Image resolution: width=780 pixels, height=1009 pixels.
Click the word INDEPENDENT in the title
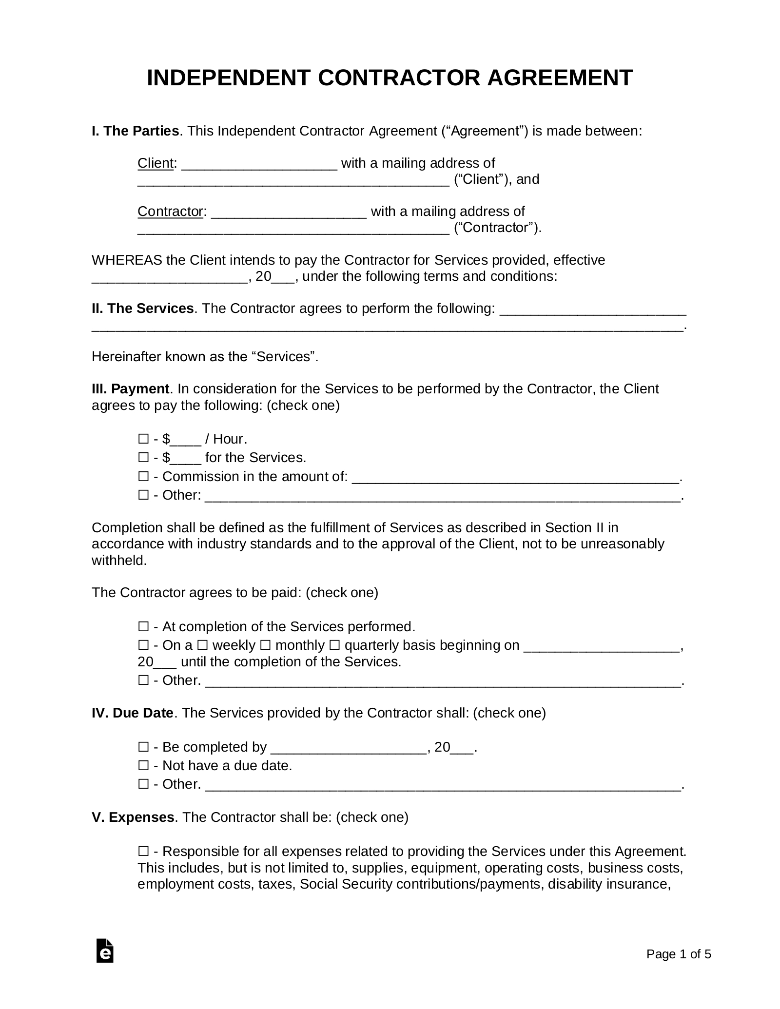228,78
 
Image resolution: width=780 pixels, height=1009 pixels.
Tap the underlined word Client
156,163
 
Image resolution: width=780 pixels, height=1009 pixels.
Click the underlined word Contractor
170,212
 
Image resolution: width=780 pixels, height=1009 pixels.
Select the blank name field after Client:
259,164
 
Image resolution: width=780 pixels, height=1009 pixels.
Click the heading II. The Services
142,309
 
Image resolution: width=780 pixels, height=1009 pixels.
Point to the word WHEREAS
127,260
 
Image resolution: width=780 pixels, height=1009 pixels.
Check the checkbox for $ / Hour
143,439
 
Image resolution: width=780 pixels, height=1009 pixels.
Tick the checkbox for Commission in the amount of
143,476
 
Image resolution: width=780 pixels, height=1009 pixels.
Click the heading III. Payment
130,389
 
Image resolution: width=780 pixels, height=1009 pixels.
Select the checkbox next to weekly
203,645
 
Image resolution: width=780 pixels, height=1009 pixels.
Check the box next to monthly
266,645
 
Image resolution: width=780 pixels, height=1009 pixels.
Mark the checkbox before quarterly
334,645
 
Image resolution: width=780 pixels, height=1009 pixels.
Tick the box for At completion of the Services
143,626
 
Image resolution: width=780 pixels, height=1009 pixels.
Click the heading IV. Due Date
133,713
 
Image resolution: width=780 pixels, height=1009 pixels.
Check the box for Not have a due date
143,766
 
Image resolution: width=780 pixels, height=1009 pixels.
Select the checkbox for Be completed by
143,747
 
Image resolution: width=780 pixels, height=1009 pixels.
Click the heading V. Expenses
133,817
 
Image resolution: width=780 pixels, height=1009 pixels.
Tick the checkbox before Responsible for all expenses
143,852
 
